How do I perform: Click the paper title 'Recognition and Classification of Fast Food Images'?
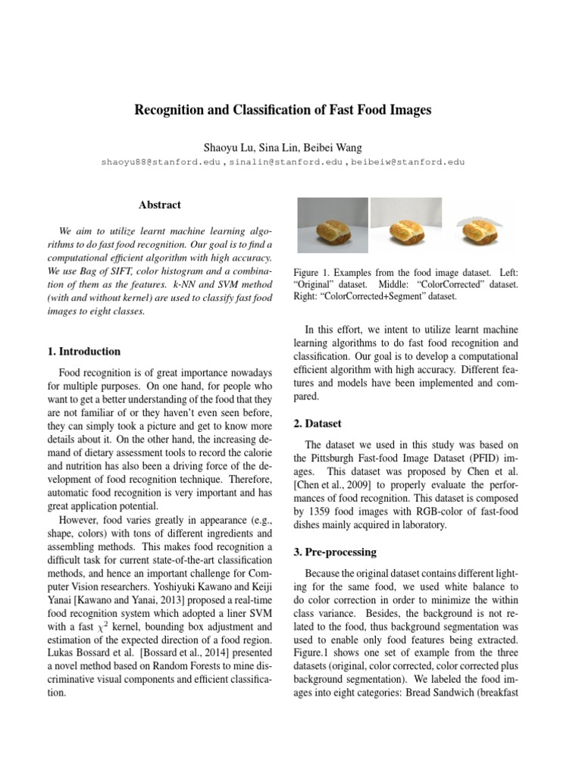click(283, 110)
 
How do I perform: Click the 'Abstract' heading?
click(159, 205)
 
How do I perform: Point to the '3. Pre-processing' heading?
click(330, 552)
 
